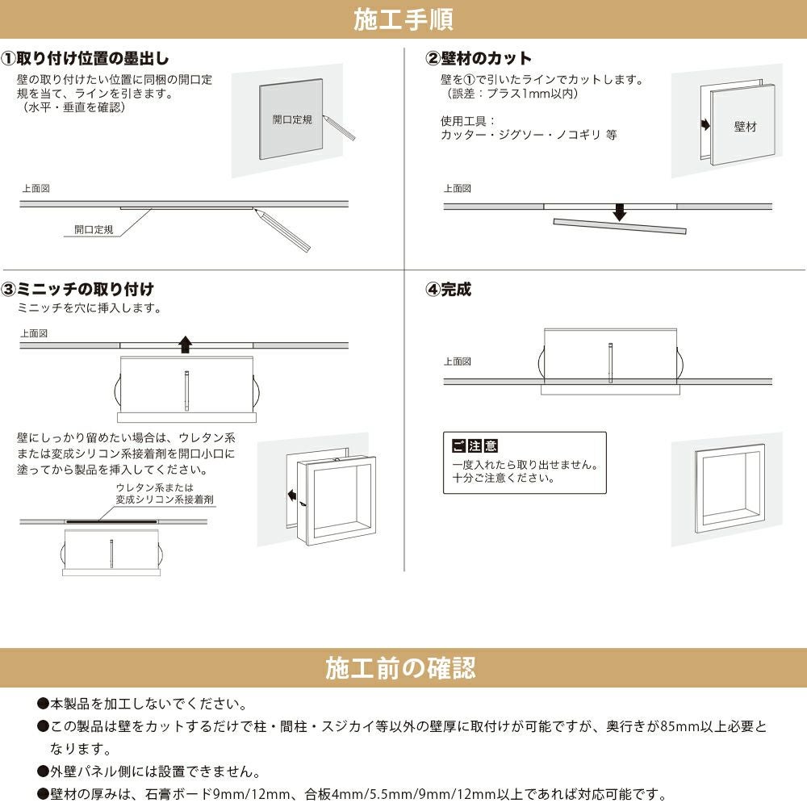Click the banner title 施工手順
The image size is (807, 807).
point(403,19)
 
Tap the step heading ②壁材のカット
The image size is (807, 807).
point(479,59)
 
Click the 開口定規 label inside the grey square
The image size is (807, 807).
point(291,119)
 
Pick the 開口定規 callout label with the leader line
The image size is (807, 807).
point(94,230)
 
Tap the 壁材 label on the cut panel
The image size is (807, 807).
point(745,127)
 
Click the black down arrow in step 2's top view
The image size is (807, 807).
point(619,211)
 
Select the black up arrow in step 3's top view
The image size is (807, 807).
point(186,345)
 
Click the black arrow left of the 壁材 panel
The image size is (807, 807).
point(705,125)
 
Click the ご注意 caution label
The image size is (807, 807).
point(475,446)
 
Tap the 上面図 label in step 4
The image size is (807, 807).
point(457,362)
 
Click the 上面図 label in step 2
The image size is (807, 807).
point(457,189)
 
